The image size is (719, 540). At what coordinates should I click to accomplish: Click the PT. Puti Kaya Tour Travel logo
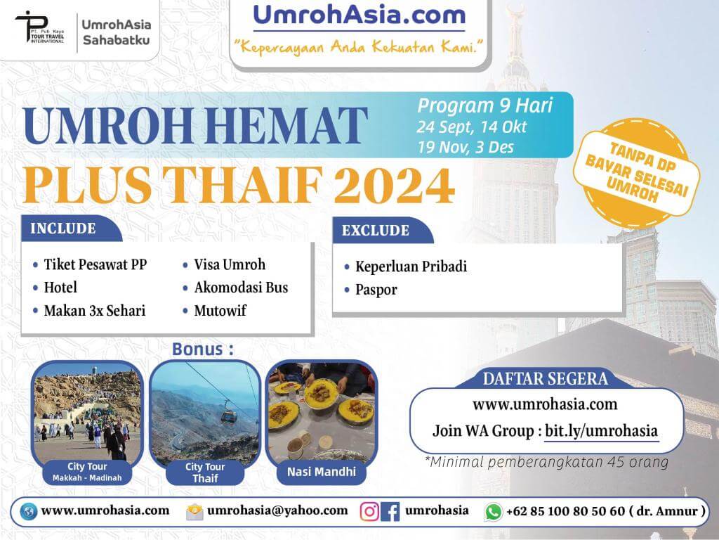coord(40,27)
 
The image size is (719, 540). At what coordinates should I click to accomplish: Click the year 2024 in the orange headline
coord(395,185)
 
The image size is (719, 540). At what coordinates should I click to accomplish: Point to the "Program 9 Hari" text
coord(484,106)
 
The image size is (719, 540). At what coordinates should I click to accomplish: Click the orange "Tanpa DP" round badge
coord(636,173)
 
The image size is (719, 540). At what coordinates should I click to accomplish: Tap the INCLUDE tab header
coord(62,229)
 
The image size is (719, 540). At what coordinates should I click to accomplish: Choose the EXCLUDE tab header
coord(375,230)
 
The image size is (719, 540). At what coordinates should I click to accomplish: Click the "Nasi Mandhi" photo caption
coord(322,472)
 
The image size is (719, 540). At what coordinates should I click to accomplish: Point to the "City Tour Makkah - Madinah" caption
coord(87,472)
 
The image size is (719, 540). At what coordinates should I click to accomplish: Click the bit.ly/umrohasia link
coord(601,431)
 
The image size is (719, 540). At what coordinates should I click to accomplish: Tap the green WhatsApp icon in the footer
coord(493,512)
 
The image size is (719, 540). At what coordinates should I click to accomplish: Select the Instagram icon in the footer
coord(369,511)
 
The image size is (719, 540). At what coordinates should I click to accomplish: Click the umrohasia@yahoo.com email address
coord(277,510)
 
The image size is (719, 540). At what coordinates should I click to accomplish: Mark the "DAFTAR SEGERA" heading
coord(545,379)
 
